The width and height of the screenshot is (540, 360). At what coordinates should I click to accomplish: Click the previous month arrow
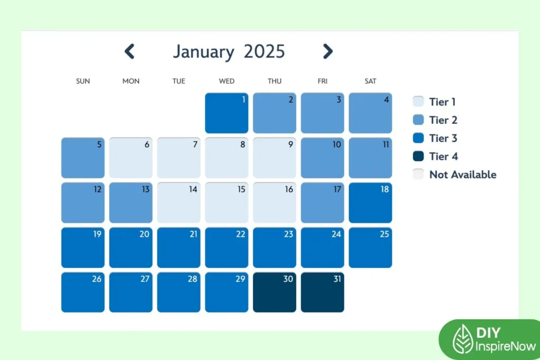click(x=129, y=52)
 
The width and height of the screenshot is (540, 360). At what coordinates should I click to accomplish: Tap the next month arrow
click(x=328, y=52)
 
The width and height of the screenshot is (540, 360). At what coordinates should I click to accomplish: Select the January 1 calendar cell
click(x=227, y=113)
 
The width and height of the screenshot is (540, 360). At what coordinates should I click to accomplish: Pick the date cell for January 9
click(x=274, y=158)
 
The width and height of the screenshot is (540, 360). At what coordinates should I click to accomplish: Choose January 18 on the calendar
click(x=370, y=203)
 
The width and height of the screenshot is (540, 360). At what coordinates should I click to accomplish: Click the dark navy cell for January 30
click(x=274, y=292)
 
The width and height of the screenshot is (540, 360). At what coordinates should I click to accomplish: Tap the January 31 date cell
click(x=322, y=292)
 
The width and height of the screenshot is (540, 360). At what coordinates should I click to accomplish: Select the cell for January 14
click(x=179, y=203)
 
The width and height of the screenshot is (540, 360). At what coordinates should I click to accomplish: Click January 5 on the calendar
click(x=83, y=158)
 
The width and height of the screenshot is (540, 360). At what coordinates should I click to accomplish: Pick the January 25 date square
click(x=370, y=247)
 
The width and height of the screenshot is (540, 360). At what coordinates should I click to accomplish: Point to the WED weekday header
click(x=227, y=81)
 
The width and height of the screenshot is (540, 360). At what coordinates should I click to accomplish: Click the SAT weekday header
click(x=370, y=81)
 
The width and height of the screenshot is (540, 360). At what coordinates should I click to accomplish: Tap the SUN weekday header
click(x=83, y=81)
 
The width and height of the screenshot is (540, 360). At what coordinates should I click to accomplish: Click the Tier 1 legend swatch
click(x=418, y=102)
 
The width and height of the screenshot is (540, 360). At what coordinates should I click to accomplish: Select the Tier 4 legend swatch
click(x=418, y=156)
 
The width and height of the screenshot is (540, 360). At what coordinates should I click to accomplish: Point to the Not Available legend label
click(x=463, y=174)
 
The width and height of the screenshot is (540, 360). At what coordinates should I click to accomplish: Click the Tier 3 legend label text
click(x=443, y=138)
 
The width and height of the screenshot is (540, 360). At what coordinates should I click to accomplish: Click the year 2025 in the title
click(x=264, y=52)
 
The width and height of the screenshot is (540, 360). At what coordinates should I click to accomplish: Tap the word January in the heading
click(x=204, y=52)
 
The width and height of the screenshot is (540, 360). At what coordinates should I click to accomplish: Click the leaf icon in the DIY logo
click(x=462, y=339)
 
